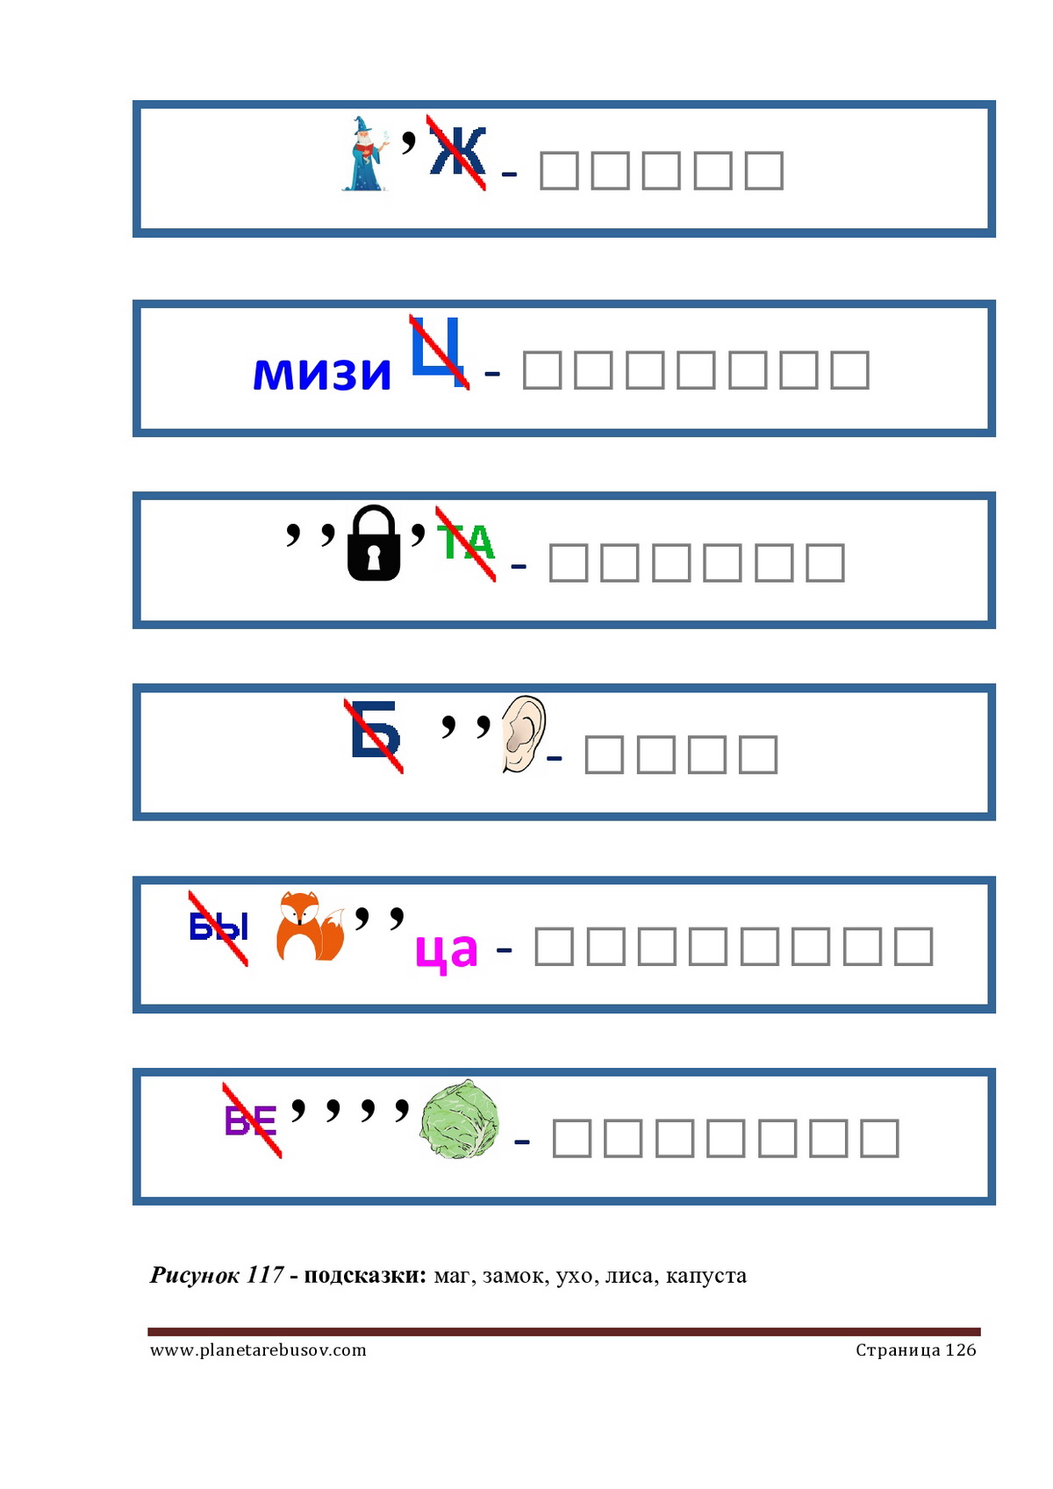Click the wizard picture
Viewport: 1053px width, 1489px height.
365,154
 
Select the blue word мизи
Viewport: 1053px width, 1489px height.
322,373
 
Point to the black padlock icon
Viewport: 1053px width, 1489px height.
374,542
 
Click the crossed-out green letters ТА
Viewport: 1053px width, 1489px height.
465,543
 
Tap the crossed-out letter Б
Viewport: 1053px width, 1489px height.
375,734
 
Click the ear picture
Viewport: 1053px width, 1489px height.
523,734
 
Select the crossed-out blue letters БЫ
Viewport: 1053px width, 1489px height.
218,928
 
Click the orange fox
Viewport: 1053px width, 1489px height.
310,926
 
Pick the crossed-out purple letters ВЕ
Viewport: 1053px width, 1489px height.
251,1120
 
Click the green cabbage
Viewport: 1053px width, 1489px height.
459,1119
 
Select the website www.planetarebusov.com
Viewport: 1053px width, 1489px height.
258,1350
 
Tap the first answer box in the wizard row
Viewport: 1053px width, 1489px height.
558,170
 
